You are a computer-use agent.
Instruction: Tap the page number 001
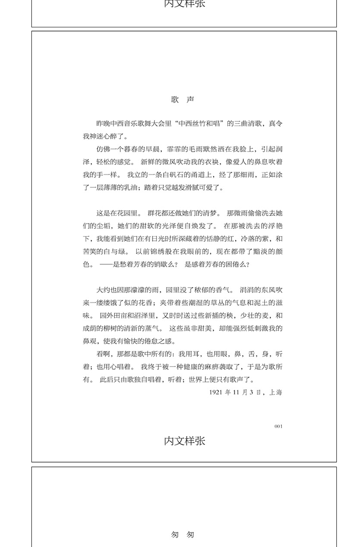pos(278,426)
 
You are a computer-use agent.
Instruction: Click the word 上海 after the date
pos(276,392)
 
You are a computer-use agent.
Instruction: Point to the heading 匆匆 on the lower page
pos(182,535)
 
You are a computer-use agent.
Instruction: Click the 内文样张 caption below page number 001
pos(185,441)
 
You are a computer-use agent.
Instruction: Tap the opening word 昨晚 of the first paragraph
pos(103,124)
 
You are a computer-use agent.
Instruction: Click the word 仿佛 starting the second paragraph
pos(103,149)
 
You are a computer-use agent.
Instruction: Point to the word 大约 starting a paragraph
pos(103,289)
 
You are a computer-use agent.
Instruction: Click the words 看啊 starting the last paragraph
pos(103,354)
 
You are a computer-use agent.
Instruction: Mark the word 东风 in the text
pos(264,289)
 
